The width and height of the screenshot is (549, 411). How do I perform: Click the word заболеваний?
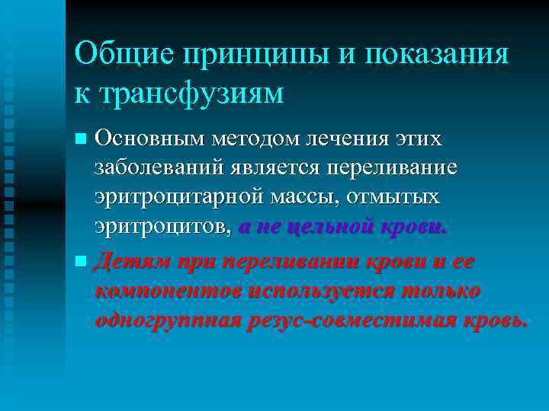(155, 168)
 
